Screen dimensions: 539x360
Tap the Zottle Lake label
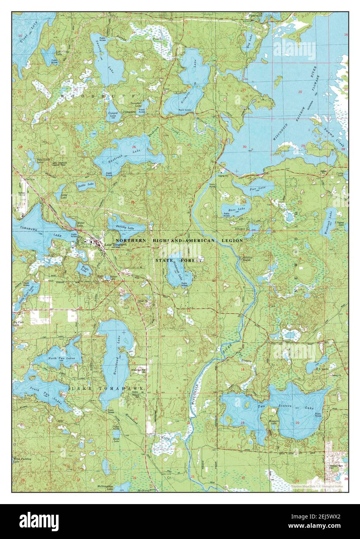[x=86, y=184]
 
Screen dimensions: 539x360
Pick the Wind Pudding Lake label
[x=21, y=460]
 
